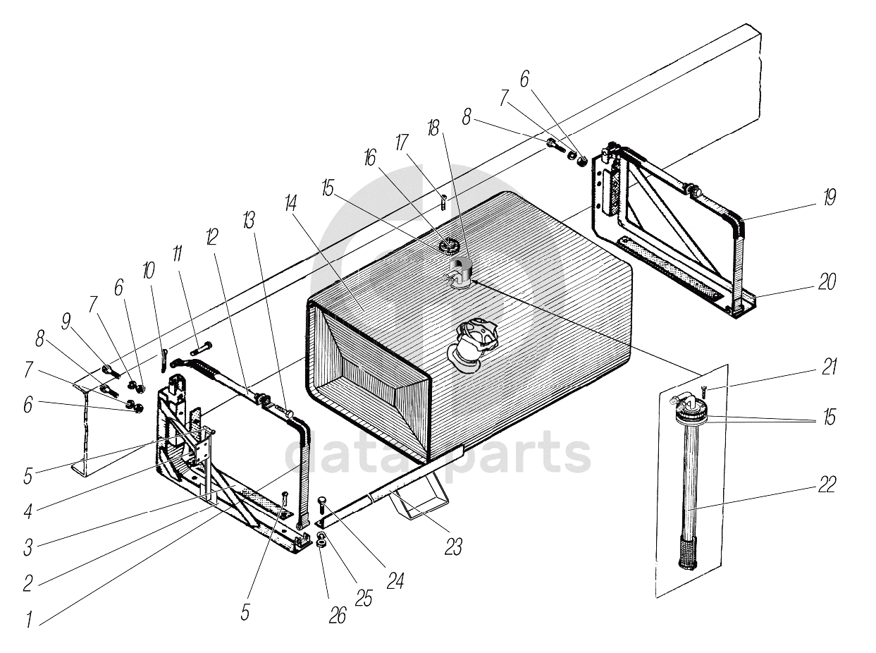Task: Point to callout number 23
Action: point(453,545)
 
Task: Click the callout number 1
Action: point(30,620)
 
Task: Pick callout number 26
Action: point(338,615)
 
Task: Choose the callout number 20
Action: point(827,282)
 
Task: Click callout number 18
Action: point(432,128)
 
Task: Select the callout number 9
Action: point(66,322)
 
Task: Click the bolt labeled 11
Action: point(201,348)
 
